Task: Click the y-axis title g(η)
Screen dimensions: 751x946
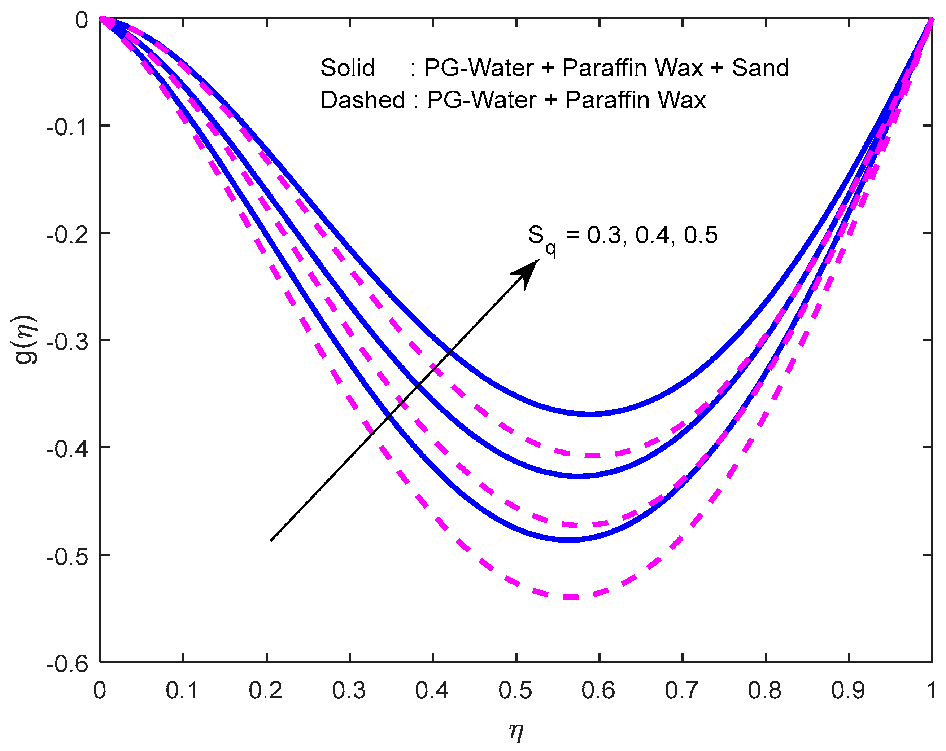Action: coord(26,340)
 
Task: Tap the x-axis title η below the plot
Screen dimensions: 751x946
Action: coord(516,730)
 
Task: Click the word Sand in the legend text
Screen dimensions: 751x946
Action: coord(760,68)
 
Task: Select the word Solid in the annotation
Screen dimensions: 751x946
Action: coord(348,68)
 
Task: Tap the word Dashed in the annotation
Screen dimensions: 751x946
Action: coord(362,100)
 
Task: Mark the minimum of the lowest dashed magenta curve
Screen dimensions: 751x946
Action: coord(570,597)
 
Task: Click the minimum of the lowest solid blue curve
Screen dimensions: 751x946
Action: coord(567,540)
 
